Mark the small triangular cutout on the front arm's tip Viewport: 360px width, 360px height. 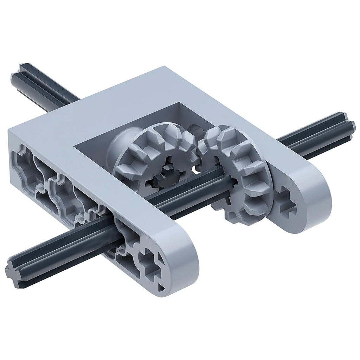coord(161,288)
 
